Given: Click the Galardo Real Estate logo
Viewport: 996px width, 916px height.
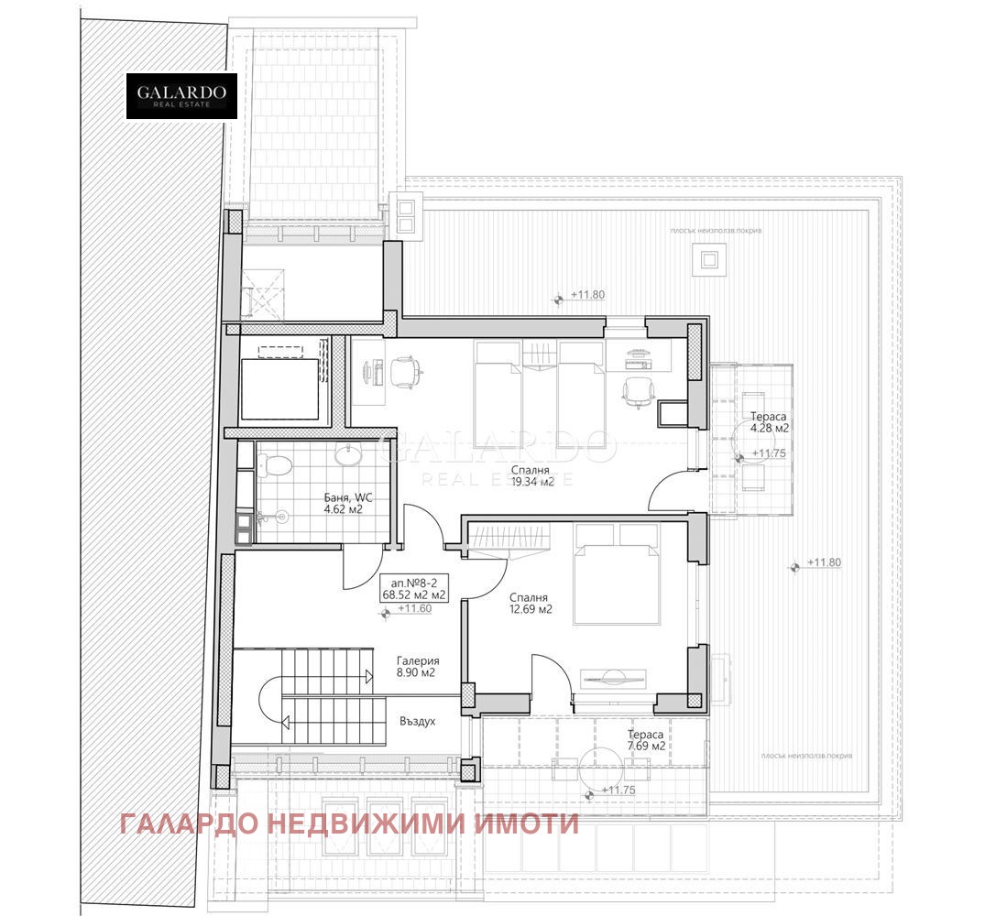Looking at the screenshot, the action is tap(181, 95).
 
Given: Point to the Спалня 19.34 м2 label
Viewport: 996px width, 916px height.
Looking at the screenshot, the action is tap(532, 476).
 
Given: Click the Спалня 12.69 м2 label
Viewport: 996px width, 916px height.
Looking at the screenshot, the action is tap(531, 602).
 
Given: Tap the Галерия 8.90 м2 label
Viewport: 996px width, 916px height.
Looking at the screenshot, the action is tap(418, 666).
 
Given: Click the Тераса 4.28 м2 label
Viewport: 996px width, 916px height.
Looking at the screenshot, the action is tap(769, 421).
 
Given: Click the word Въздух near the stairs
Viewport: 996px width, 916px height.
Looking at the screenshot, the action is tap(417, 721).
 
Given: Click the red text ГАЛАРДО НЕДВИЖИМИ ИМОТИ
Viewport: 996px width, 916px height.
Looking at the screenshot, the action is tap(349, 823).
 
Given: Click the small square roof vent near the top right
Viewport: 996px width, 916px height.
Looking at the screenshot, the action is tap(709, 260).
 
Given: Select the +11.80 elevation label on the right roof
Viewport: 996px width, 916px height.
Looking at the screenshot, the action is tap(822, 562).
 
